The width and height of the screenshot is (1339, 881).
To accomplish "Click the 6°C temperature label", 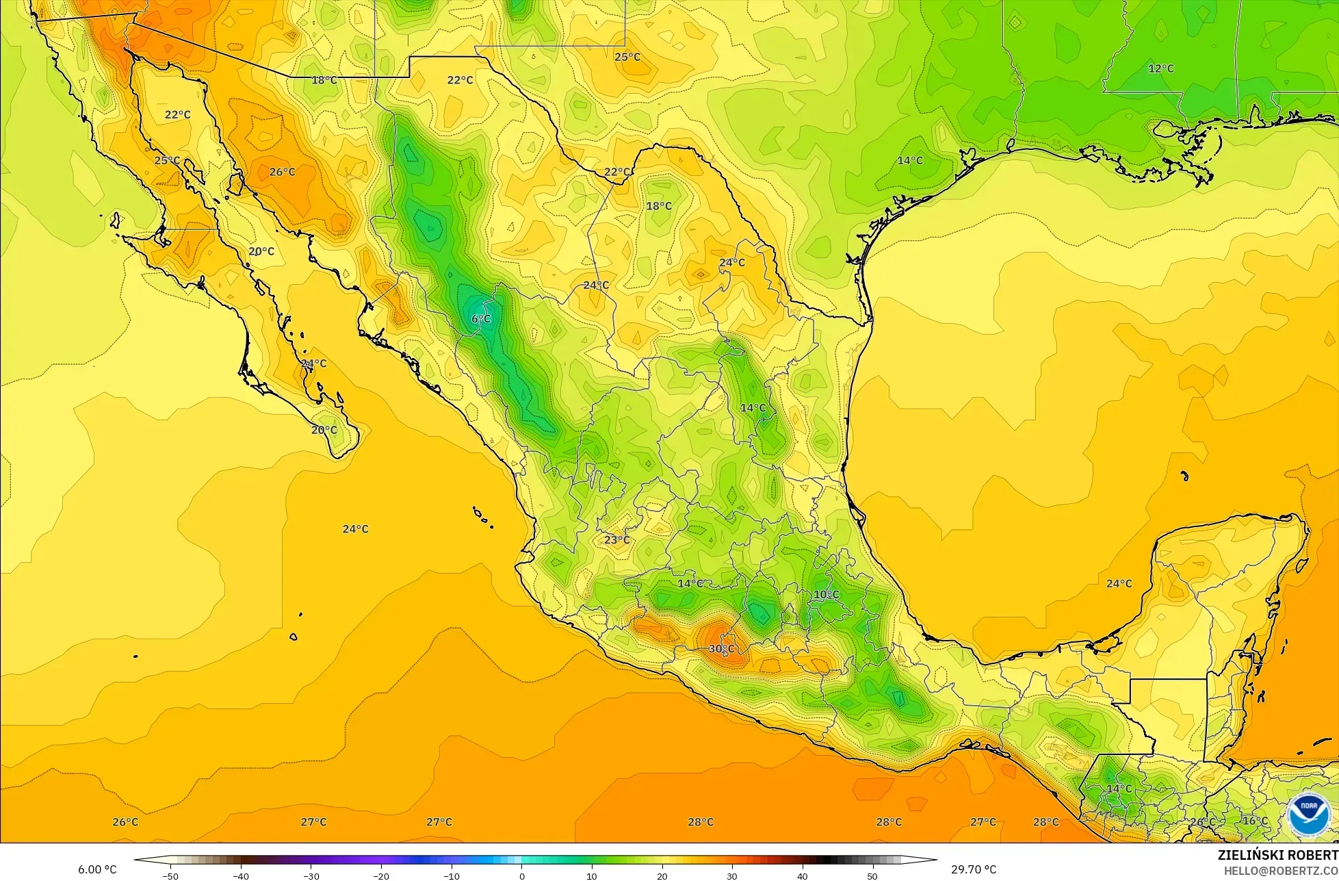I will [x=481, y=319].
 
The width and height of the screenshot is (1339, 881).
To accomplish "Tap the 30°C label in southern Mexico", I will [x=721, y=648].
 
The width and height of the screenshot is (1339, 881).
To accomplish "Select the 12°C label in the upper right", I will [x=1160, y=68].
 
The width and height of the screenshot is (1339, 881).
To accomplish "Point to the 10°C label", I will [x=826, y=595].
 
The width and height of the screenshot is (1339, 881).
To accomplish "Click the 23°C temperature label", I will [x=616, y=540].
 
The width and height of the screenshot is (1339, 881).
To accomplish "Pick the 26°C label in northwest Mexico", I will [x=282, y=172].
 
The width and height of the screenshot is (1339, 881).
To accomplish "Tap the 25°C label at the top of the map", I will [x=627, y=57].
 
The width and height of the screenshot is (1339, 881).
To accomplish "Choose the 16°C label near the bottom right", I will [x=1255, y=821].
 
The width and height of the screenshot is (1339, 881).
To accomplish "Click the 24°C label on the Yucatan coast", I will [x=1119, y=583].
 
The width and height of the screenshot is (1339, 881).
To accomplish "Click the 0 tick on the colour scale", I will [x=521, y=876].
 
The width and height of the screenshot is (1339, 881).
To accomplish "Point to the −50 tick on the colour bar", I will [x=170, y=876].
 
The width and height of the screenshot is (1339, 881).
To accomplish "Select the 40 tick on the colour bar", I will [x=802, y=876].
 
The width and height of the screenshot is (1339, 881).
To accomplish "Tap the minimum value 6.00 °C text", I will [x=97, y=869].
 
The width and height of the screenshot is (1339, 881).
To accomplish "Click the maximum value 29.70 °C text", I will [x=974, y=869].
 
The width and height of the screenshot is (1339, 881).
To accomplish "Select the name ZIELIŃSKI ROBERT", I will [x=1277, y=855].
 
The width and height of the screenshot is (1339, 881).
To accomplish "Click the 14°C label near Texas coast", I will [x=909, y=160].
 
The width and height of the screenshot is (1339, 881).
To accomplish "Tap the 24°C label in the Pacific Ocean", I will [x=355, y=529].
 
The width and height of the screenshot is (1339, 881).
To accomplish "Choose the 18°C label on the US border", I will [x=324, y=80].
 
